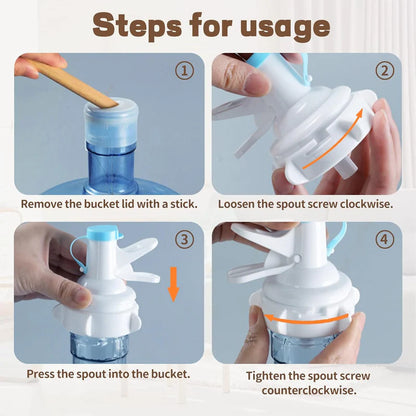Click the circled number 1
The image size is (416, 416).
coord(184,70)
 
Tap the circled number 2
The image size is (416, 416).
coord(385,70)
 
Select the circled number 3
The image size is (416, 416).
coord(184,239)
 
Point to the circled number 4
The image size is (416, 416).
coord(385,239)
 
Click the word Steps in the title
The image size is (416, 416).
coord(137,26)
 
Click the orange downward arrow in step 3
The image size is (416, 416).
coord(173,284)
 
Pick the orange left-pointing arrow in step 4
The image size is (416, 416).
coord(306,319)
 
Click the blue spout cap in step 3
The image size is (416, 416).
coord(104,233)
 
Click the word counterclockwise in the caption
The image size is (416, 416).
coord(309,390)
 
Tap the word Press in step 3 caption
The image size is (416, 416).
coord(40,374)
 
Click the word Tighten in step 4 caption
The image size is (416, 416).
coord(266,376)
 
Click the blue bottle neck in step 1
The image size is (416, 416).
coord(110,167)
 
